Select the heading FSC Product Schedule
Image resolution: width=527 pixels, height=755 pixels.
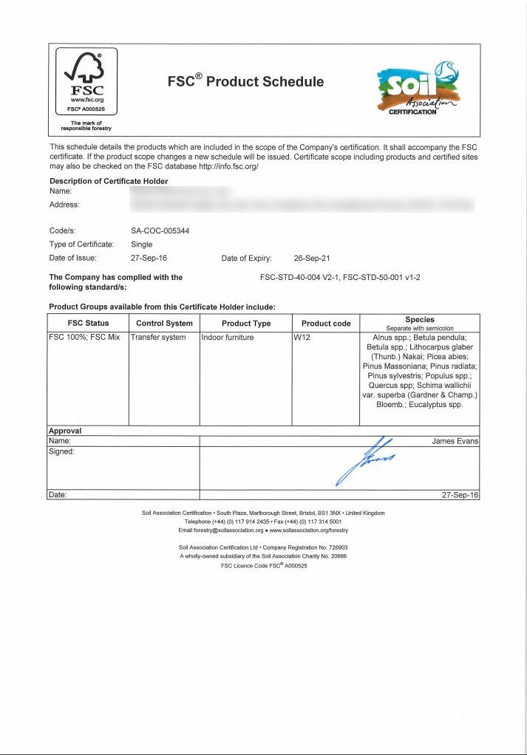click(x=245, y=81)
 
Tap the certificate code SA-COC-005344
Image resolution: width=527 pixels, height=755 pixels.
click(x=160, y=230)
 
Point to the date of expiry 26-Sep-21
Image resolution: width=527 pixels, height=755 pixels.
click(x=311, y=259)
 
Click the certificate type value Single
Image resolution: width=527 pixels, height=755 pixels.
click(x=141, y=245)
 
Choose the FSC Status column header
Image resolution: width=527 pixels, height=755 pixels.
click(x=88, y=323)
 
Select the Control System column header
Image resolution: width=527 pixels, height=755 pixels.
click(x=164, y=323)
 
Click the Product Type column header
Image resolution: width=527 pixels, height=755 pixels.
click(x=246, y=323)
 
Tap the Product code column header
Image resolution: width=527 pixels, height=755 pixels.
click(x=326, y=323)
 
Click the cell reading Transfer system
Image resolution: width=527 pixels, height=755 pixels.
click(x=158, y=338)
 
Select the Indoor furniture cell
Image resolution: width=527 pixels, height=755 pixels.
click(x=228, y=338)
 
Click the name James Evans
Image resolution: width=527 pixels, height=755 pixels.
click(x=455, y=441)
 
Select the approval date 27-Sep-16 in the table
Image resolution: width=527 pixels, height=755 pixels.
click(x=460, y=495)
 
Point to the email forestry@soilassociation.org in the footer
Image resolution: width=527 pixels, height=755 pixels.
click(x=222, y=530)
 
